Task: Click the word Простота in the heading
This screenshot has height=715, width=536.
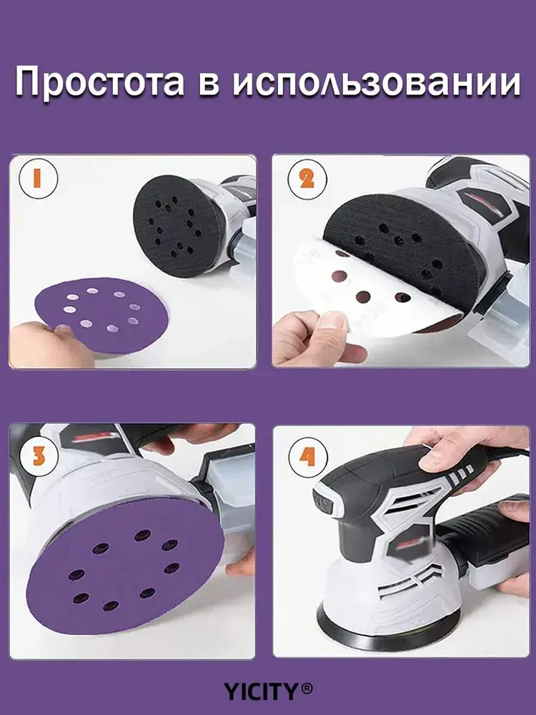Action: (100, 82)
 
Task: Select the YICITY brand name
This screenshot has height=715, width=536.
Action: (261, 691)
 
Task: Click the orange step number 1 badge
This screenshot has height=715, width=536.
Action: (38, 178)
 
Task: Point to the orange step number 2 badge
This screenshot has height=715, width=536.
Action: (307, 179)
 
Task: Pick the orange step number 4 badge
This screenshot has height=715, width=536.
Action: (308, 455)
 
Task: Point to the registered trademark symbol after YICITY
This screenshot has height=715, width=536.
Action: (307, 689)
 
